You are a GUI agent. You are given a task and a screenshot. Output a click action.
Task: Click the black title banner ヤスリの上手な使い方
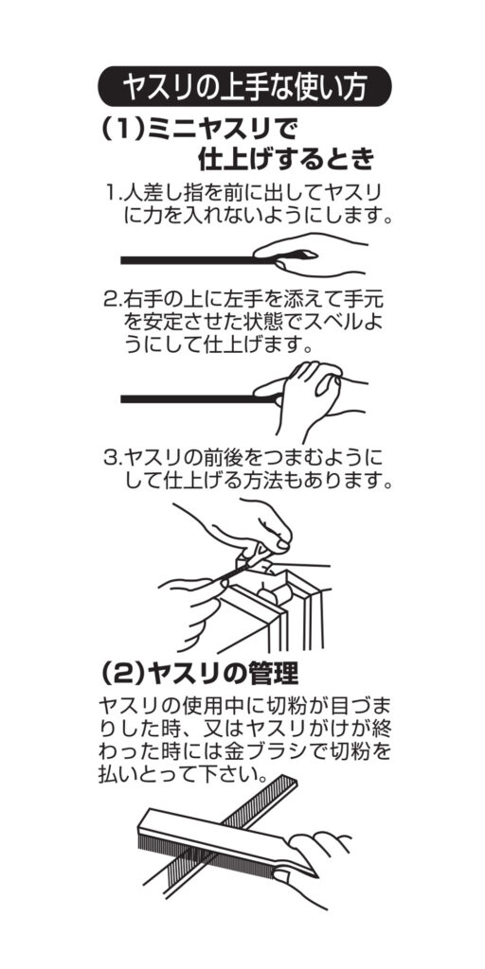coord(244,86)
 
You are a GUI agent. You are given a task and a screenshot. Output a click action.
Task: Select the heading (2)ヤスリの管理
coord(199,673)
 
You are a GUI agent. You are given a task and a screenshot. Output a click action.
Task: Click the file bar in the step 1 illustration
coord(198,260)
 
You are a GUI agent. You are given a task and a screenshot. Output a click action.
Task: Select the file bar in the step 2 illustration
coord(198,399)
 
